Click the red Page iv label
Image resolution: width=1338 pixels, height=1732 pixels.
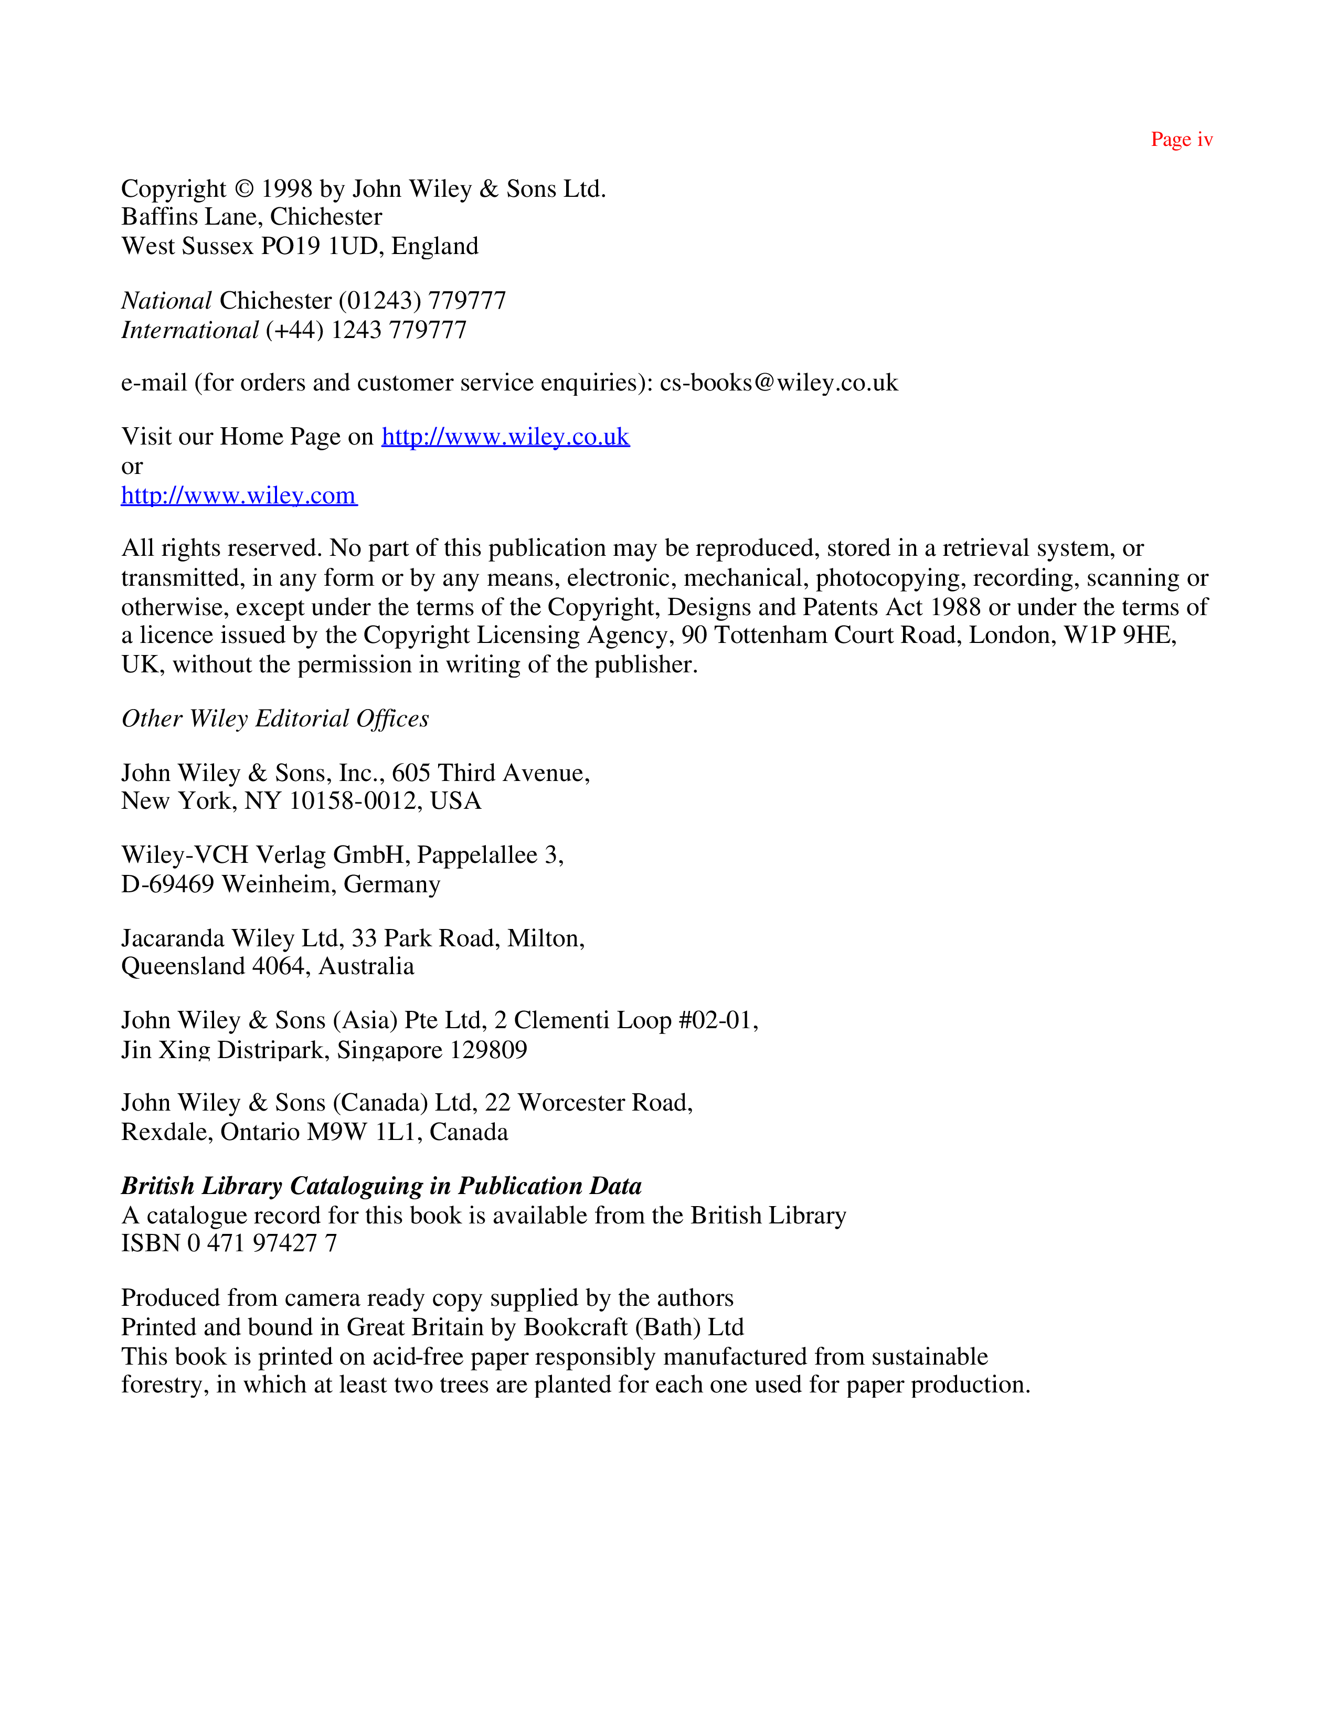[1181, 140]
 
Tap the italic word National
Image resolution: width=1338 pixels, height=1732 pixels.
[166, 301]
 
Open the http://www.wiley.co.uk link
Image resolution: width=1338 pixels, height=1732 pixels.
[505, 437]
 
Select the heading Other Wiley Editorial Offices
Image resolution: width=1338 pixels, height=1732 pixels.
[275, 719]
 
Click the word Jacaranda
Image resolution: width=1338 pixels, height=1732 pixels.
[173, 938]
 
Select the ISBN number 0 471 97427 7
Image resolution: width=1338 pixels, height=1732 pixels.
[262, 1243]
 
